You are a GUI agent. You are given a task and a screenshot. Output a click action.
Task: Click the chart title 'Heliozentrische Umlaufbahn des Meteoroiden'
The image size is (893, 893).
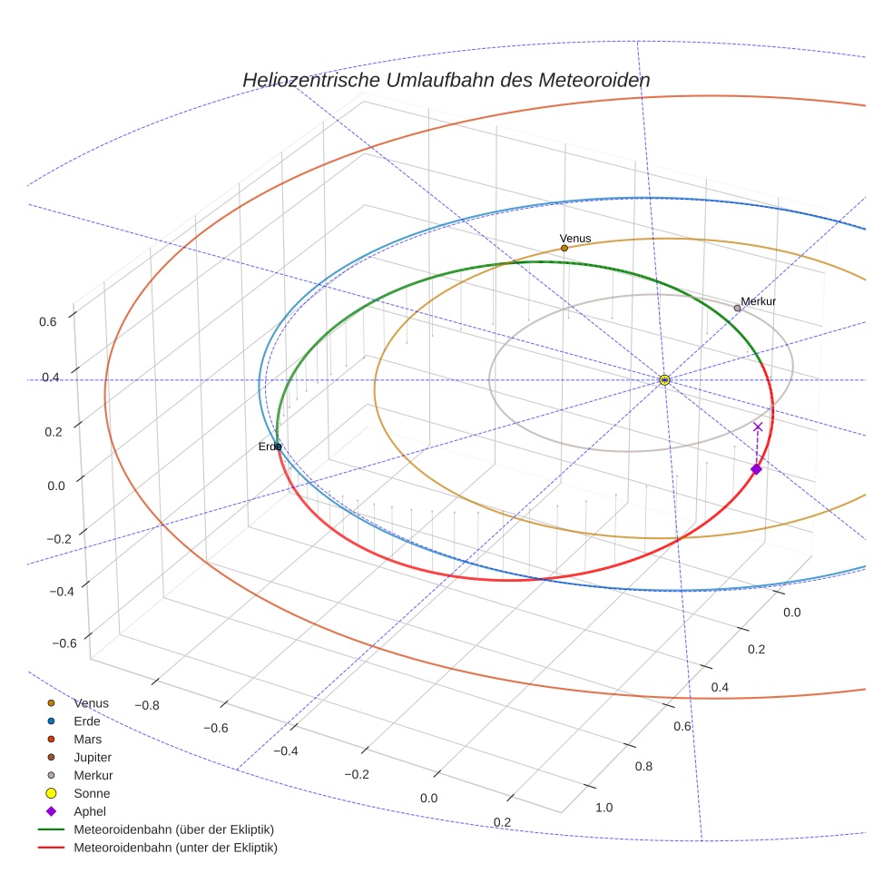[446, 80]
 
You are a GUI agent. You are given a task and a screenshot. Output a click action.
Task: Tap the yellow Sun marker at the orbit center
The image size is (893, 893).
[664, 379]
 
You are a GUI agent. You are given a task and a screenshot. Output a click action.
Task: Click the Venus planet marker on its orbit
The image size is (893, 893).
[564, 248]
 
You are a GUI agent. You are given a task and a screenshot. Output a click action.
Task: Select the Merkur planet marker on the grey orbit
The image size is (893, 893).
[737, 309]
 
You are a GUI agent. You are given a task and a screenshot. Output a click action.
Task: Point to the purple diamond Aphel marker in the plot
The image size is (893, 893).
[756, 469]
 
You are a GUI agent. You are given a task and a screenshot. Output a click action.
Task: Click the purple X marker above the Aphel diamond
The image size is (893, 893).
[758, 427]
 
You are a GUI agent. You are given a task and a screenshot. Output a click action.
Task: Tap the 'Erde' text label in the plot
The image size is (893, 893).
[269, 446]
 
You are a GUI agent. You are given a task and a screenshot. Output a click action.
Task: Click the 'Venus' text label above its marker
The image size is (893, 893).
[575, 239]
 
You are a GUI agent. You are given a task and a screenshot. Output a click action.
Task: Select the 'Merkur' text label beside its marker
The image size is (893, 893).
[759, 301]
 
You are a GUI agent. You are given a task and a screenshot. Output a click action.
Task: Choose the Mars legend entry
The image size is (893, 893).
[87, 739]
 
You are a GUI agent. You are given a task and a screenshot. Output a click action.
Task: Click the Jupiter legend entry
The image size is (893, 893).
[93, 757]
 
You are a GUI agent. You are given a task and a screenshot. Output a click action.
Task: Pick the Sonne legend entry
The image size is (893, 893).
[92, 793]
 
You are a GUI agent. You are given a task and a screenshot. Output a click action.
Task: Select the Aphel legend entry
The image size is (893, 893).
[91, 811]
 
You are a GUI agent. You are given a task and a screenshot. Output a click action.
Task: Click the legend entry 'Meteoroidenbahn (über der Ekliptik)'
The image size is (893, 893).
[173, 829]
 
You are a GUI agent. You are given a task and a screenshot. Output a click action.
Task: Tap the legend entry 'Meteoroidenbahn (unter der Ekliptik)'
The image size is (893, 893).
[175, 848]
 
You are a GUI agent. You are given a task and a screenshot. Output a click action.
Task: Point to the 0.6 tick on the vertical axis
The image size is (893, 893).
[48, 320]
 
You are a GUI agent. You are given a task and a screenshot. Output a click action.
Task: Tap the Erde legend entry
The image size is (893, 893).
[87, 721]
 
